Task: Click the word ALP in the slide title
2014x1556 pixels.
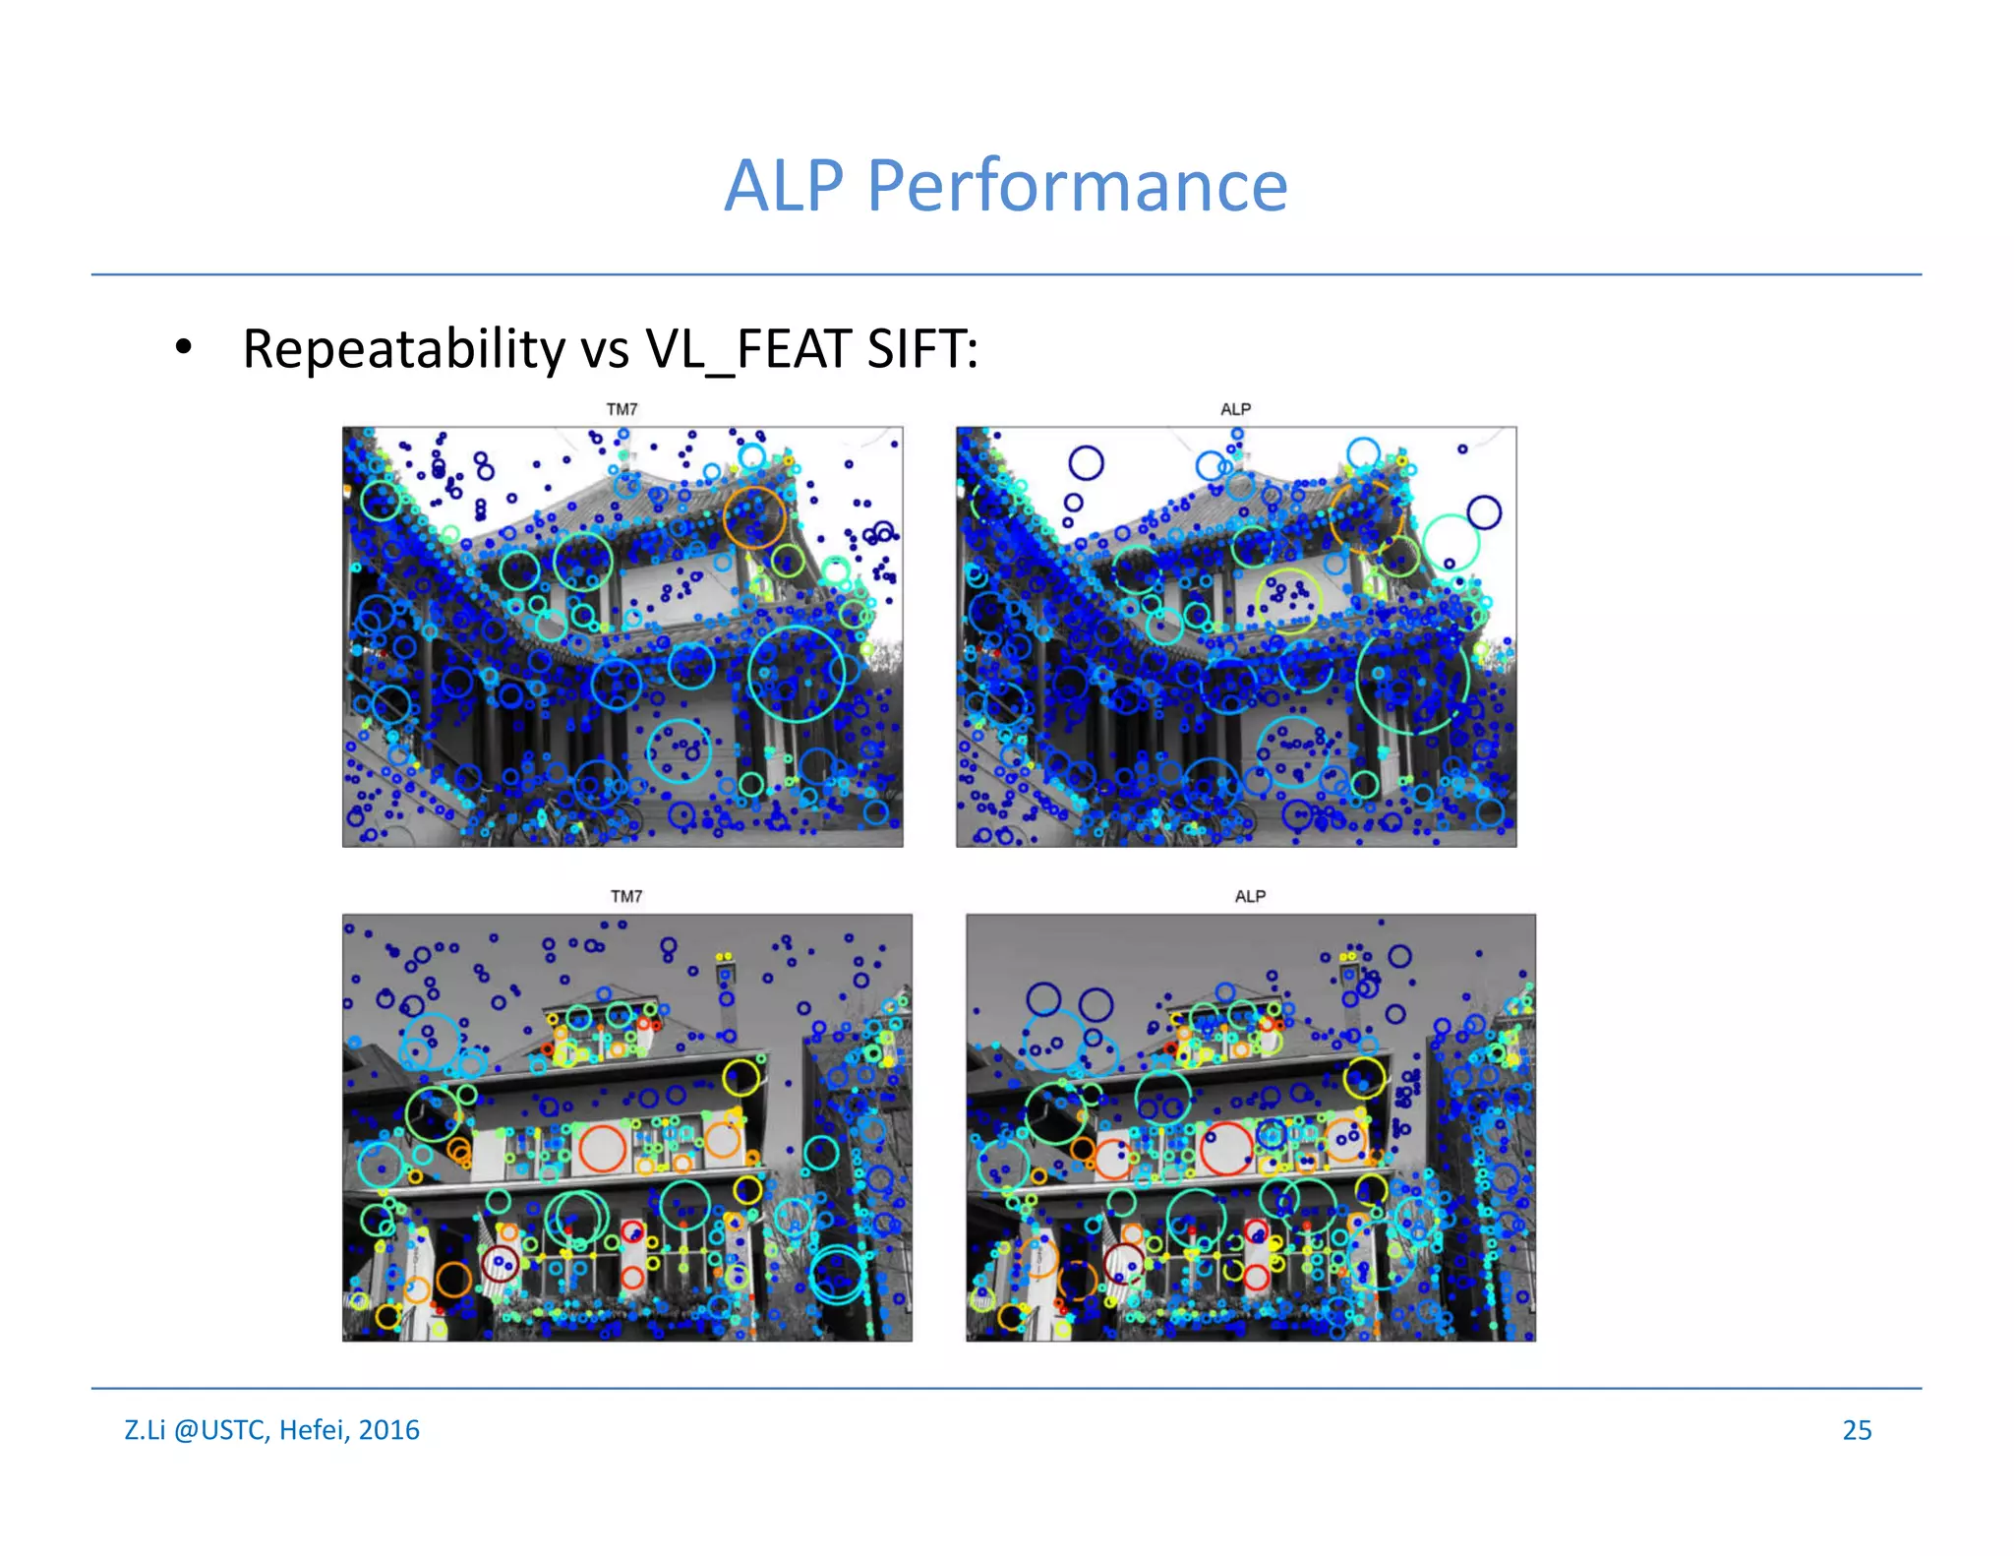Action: click(x=784, y=186)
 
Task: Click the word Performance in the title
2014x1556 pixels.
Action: click(x=1077, y=186)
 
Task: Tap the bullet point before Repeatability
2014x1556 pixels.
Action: click(x=183, y=347)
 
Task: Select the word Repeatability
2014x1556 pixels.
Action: click(x=403, y=349)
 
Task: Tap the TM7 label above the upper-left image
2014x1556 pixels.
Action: click(x=622, y=409)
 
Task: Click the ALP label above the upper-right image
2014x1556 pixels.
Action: click(x=1235, y=409)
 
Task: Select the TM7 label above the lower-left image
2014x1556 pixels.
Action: click(x=625, y=896)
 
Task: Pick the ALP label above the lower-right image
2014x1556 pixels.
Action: click(x=1250, y=896)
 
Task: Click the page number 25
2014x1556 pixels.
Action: click(x=1857, y=1430)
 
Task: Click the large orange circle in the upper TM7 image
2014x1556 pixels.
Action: click(x=754, y=516)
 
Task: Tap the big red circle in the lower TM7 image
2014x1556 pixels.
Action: click(x=602, y=1148)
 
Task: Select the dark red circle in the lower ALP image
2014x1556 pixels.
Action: click(x=1123, y=1262)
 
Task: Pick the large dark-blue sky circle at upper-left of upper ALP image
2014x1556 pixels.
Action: click(x=1086, y=462)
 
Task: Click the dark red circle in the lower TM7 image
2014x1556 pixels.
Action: click(x=500, y=1264)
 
